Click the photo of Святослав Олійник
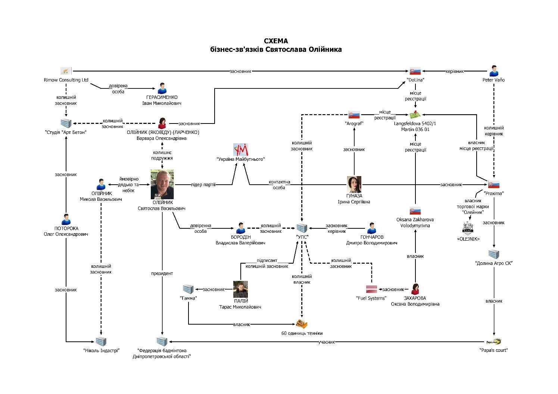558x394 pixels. click(x=162, y=184)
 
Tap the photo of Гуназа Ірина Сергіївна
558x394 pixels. click(x=354, y=184)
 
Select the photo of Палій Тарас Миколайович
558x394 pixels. click(x=240, y=289)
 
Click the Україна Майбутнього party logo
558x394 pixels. click(x=240, y=150)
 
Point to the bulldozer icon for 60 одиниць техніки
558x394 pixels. click(x=302, y=324)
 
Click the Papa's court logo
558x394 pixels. click(x=493, y=341)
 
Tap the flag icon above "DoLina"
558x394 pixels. click(x=415, y=71)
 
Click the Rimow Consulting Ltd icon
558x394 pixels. click(x=66, y=71)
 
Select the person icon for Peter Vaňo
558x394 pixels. click(x=493, y=71)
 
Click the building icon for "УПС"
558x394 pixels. click(x=302, y=228)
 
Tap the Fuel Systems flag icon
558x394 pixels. click(x=371, y=289)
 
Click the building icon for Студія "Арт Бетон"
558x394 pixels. click(x=66, y=123)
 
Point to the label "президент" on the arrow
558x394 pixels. click(x=162, y=273)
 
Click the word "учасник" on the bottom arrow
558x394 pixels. click(x=327, y=341)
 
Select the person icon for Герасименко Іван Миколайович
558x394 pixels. click(x=162, y=88)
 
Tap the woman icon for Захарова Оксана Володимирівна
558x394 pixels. click(x=415, y=289)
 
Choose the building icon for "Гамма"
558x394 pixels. click(x=188, y=289)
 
